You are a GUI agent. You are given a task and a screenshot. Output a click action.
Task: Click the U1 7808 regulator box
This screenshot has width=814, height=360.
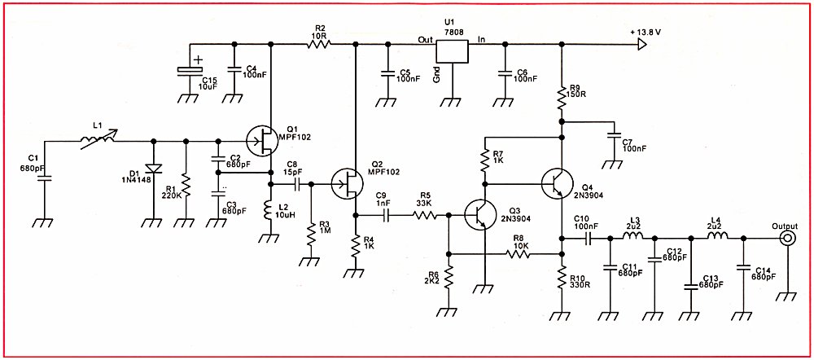coord(452,51)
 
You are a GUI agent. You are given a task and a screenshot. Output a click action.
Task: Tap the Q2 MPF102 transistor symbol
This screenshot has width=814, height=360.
coord(348,184)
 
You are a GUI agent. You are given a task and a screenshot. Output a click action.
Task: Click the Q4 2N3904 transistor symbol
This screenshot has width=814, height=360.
coord(557,184)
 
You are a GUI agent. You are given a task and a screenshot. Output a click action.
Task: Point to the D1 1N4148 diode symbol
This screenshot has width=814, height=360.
coord(154,169)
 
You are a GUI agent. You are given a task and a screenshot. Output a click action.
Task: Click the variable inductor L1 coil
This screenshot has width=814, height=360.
coord(98,140)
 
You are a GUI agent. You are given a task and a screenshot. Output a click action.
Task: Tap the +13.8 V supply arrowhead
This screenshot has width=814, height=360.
coord(643,45)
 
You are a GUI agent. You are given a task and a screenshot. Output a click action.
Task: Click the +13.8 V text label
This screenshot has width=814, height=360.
coord(646,32)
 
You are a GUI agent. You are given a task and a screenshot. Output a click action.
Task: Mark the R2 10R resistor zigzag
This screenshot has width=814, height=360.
coord(318,45)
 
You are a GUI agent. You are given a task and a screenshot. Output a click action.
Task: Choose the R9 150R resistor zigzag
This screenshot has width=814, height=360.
coord(562,98)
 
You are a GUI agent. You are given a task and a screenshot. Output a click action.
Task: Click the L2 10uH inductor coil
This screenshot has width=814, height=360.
coord(269,210)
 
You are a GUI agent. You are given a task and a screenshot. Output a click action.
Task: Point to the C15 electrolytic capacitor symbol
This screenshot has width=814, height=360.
coord(190,71)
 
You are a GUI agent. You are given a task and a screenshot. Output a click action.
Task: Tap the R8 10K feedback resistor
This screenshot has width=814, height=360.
coord(518,254)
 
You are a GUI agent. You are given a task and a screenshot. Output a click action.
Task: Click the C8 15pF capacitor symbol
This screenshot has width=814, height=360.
coord(297,184)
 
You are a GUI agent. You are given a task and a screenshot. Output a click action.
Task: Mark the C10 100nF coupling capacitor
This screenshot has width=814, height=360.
coord(589,239)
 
